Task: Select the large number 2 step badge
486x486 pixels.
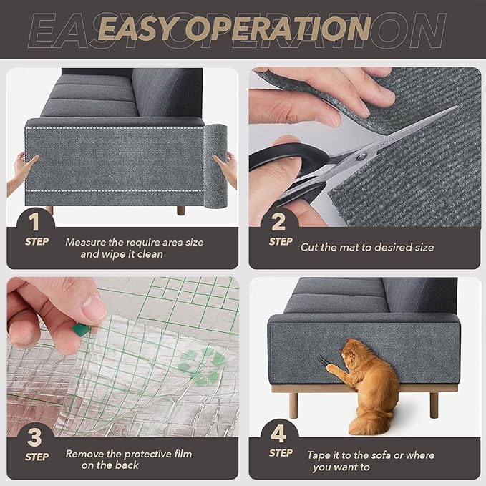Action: coord(278,220)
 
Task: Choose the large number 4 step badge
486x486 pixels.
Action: coord(279,433)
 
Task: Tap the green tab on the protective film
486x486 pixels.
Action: coord(81,330)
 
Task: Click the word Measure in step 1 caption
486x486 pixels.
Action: coord(85,242)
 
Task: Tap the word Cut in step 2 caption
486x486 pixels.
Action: coord(309,247)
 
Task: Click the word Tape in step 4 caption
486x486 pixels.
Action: coord(319,455)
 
